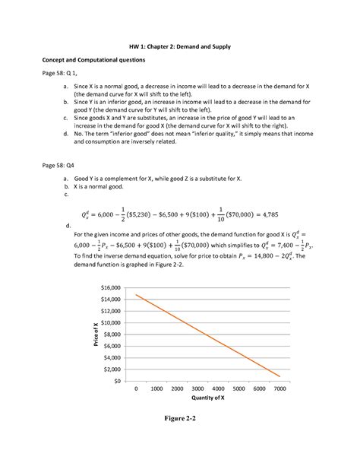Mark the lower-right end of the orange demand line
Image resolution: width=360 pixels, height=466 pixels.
[279, 376]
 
